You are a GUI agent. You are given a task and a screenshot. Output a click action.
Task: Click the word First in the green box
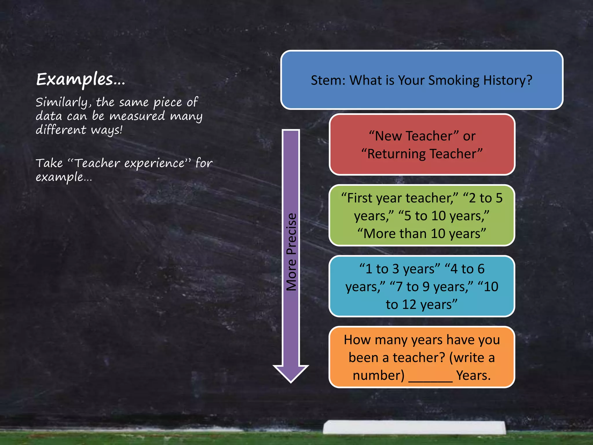360,198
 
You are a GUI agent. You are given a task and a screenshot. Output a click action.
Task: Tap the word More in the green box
378,234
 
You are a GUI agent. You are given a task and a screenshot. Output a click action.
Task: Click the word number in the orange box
378,375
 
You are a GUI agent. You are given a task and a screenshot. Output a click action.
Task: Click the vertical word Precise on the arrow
291,234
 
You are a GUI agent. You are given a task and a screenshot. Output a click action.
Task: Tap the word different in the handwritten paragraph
61,130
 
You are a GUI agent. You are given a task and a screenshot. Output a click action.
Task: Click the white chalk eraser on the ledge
414,427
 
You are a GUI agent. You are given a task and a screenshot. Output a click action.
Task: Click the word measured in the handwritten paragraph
137,116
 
